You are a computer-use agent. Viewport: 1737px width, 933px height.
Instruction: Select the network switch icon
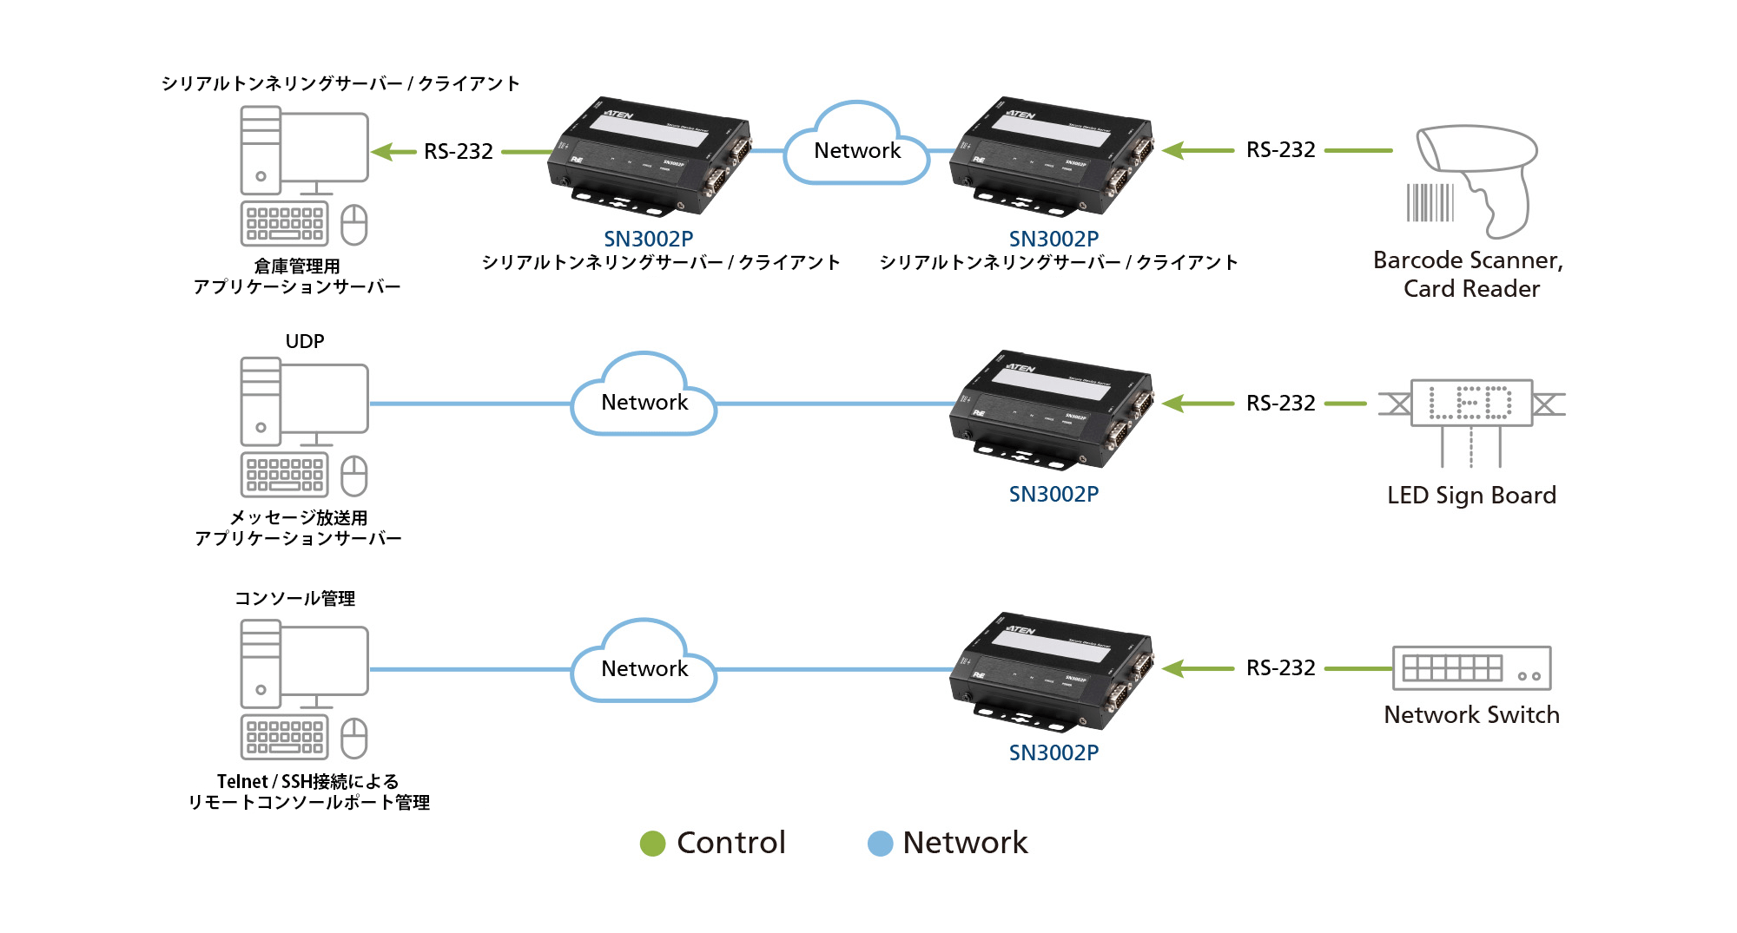coord(1471,668)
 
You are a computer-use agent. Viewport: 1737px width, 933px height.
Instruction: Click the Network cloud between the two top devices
coord(856,148)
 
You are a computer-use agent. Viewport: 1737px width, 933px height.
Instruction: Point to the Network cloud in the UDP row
coord(644,399)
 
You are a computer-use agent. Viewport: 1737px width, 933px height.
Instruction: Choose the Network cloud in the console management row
coord(644,666)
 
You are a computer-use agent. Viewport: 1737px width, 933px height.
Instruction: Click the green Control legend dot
coord(652,844)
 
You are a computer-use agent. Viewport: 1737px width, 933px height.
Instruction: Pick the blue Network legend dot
coord(880,844)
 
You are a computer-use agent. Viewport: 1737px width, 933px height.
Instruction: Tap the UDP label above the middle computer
coord(305,341)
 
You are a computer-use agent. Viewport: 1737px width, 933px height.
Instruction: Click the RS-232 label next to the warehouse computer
coord(458,152)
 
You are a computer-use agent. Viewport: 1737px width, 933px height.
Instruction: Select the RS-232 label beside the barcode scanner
coord(1280,150)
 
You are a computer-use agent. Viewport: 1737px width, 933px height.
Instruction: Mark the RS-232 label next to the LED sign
coord(1280,404)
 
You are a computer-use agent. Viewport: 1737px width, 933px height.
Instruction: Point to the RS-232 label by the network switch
coord(1280,668)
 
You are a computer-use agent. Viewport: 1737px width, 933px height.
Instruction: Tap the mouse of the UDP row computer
coord(354,476)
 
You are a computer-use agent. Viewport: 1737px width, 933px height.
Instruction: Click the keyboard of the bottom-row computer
coord(285,737)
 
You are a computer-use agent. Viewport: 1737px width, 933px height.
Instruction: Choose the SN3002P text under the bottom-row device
coord(1053,752)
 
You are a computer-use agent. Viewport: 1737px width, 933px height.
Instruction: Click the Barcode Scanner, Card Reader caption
coord(1470,274)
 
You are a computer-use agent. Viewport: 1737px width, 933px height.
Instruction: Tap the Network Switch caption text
coord(1471,715)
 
